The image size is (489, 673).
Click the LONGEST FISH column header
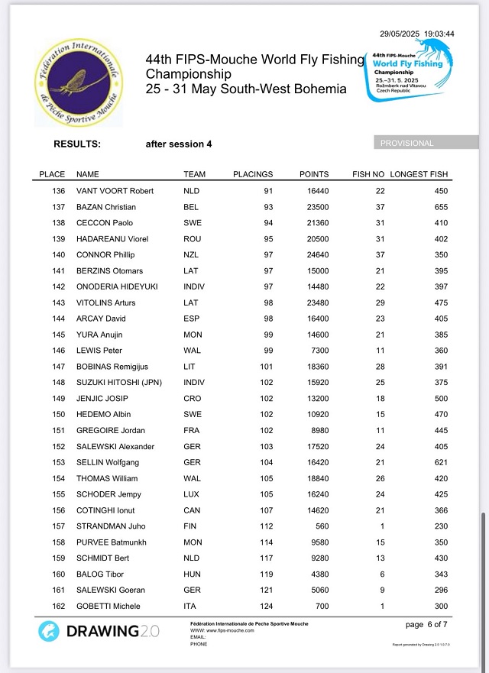pos(419,174)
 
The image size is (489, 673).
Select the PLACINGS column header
pos(253,174)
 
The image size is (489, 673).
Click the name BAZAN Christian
pos(106,207)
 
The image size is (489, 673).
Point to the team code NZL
pos(192,254)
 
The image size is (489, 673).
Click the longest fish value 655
pos(441,207)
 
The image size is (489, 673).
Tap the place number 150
pos(59,414)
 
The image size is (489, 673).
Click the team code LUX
pos(192,494)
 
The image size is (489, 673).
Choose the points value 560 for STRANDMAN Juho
pos(322,526)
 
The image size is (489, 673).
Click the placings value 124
pos(267,606)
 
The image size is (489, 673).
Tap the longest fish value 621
pos(441,462)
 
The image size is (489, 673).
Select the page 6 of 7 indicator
pos(428,625)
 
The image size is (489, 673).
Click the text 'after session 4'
pos(179,144)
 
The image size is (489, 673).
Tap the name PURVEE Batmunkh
pos(112,542)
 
